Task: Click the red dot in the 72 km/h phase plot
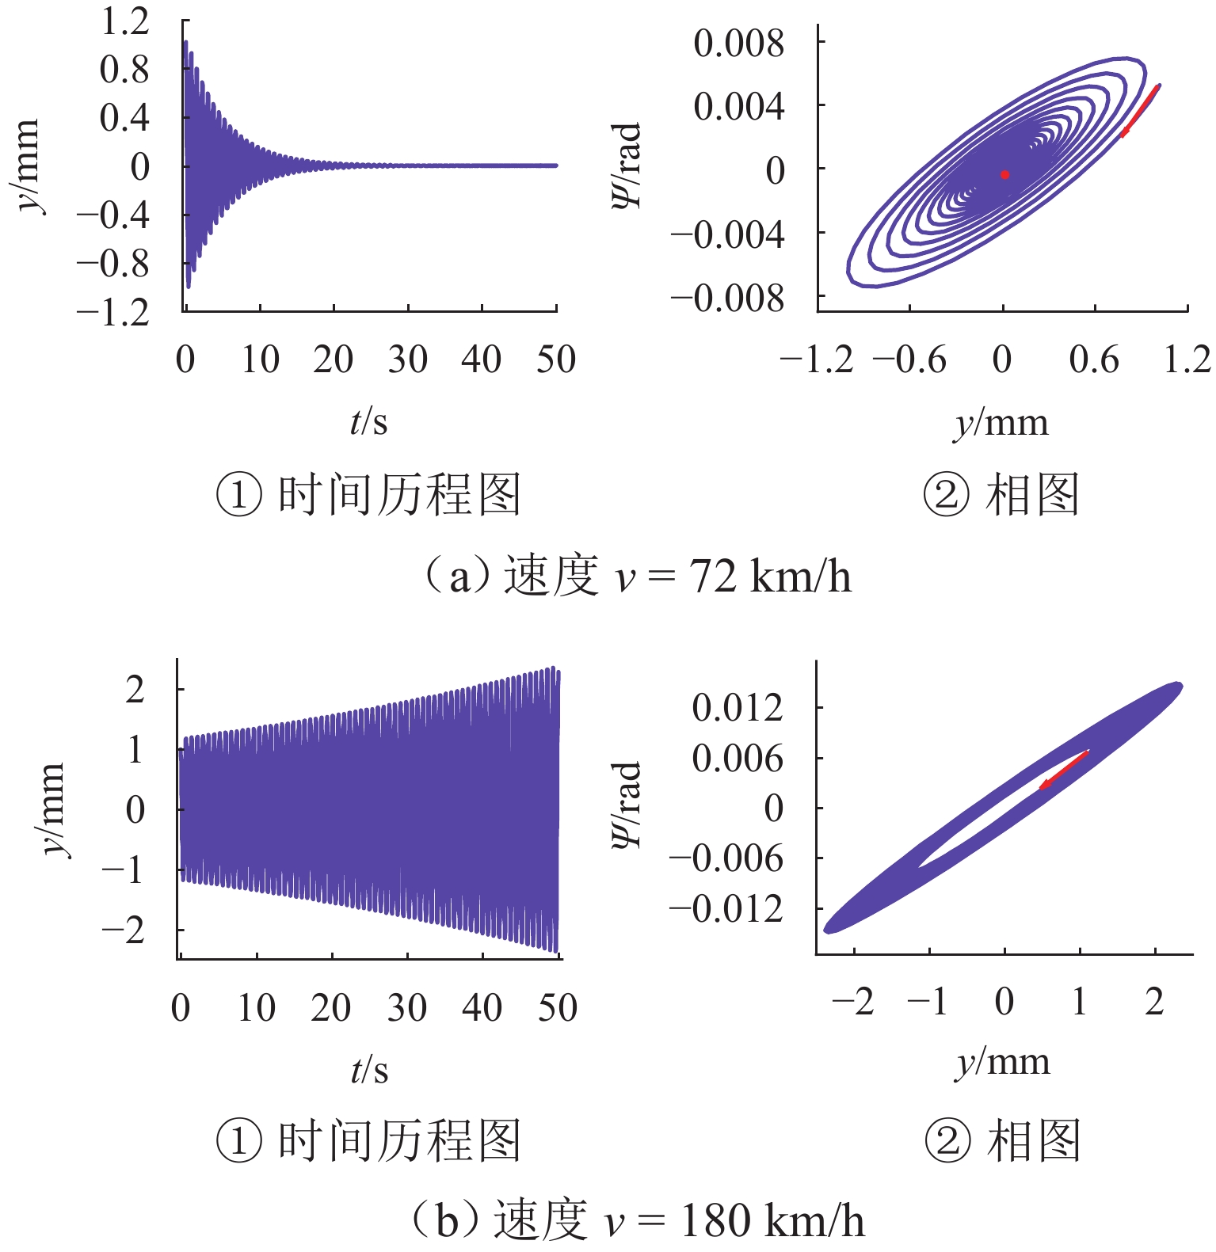coord(1004,174)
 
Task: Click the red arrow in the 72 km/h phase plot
coord(1140,111)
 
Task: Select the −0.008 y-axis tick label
coord(727,299)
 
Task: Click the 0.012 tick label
coord(737,707)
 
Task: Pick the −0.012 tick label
coord(726,909)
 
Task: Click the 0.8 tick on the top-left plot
coord(124,70)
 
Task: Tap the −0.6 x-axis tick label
coord(909,360)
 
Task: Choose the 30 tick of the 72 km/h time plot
coord(407,360)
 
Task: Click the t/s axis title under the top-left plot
coord(369,421)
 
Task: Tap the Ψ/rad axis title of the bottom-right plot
coord(626,806)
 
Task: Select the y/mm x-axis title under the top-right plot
coord(1001,423)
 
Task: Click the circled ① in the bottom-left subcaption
coord(238,1141)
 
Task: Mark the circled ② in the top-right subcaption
coord(946,497)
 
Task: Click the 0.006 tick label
coord(737,759)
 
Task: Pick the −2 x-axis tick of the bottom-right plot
coord(853,1003)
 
